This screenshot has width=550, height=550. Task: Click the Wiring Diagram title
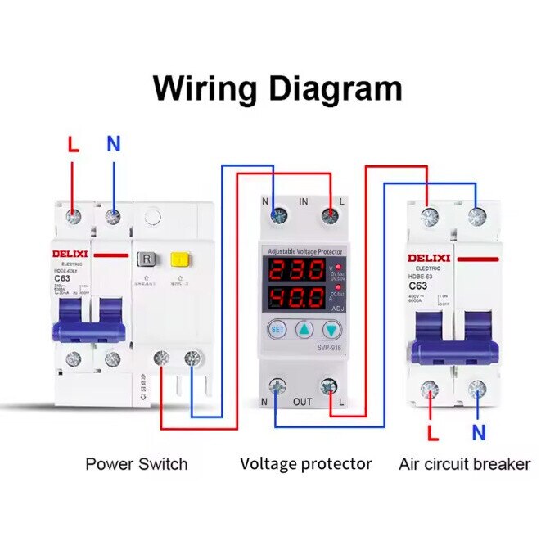click(277, 88)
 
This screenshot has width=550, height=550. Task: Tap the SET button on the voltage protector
click(277, 330)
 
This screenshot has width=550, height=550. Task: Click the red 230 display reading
click(297, 272)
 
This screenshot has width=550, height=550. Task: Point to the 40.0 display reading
click(297, 296)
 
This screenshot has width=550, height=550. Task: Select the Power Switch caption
click(136, 464)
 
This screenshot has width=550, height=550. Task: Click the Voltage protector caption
click(305, 464)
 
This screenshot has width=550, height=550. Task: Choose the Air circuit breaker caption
click(464, 464)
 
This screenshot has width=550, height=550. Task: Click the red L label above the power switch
click(73, 146)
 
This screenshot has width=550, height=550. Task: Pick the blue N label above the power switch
click(113, 145)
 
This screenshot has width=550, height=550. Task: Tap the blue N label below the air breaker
click(478, 432)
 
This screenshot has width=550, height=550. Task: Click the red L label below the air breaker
click(433, 432)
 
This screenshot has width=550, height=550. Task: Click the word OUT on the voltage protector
click(303, 401)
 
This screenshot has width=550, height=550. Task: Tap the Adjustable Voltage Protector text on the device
click(304, 251)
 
